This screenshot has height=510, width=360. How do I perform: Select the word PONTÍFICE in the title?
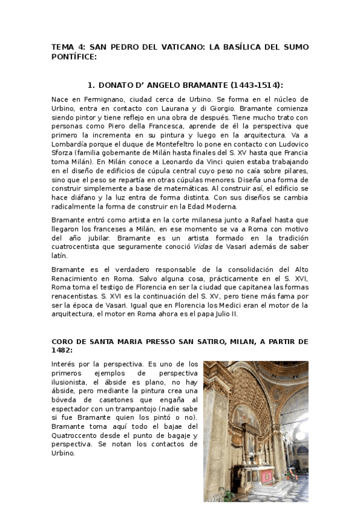(74, 57)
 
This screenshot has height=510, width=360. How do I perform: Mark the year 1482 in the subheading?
(61, 350)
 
